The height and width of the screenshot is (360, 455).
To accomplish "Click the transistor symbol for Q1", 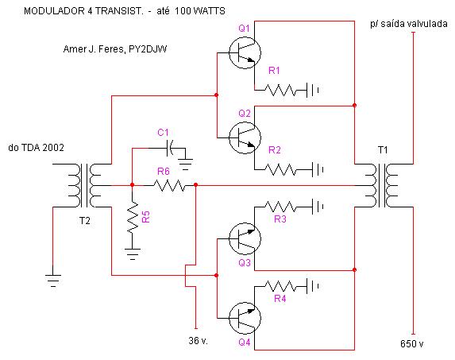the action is [x=245, y=52].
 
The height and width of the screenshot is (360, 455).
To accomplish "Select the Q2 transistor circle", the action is [x=245, y=137].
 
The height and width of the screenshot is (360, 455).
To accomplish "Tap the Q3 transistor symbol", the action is [x=245, y=238].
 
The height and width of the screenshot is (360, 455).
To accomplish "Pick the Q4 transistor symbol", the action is [x=245, y=318].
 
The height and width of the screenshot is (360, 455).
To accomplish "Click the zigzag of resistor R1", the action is [x=280, y=90].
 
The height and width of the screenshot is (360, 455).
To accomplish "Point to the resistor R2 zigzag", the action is [x=280, y=169].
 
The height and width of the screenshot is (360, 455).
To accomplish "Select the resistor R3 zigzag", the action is [x=280, y=207].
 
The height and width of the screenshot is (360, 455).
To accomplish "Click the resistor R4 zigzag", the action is [x=280, y=286].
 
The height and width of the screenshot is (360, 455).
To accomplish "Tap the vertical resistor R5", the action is [x=133, y=217].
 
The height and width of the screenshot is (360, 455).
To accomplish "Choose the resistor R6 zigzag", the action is [x=169, y=185].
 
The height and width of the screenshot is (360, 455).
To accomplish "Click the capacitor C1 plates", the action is [x=170, y=148].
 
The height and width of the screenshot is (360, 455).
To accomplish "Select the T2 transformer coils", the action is [x=85, y=185].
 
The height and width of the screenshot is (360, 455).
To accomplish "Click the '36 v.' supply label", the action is [x=199, y=340].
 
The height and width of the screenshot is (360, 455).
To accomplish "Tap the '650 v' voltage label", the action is [x=411, y=344].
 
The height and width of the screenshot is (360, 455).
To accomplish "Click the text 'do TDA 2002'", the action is [x=36, y=148].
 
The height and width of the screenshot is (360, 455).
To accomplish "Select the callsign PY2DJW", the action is [x=148, y=48].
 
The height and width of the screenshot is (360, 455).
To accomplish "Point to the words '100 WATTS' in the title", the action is [x=200, y=11].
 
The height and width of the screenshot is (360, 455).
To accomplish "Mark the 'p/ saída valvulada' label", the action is [x=409, y=24].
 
